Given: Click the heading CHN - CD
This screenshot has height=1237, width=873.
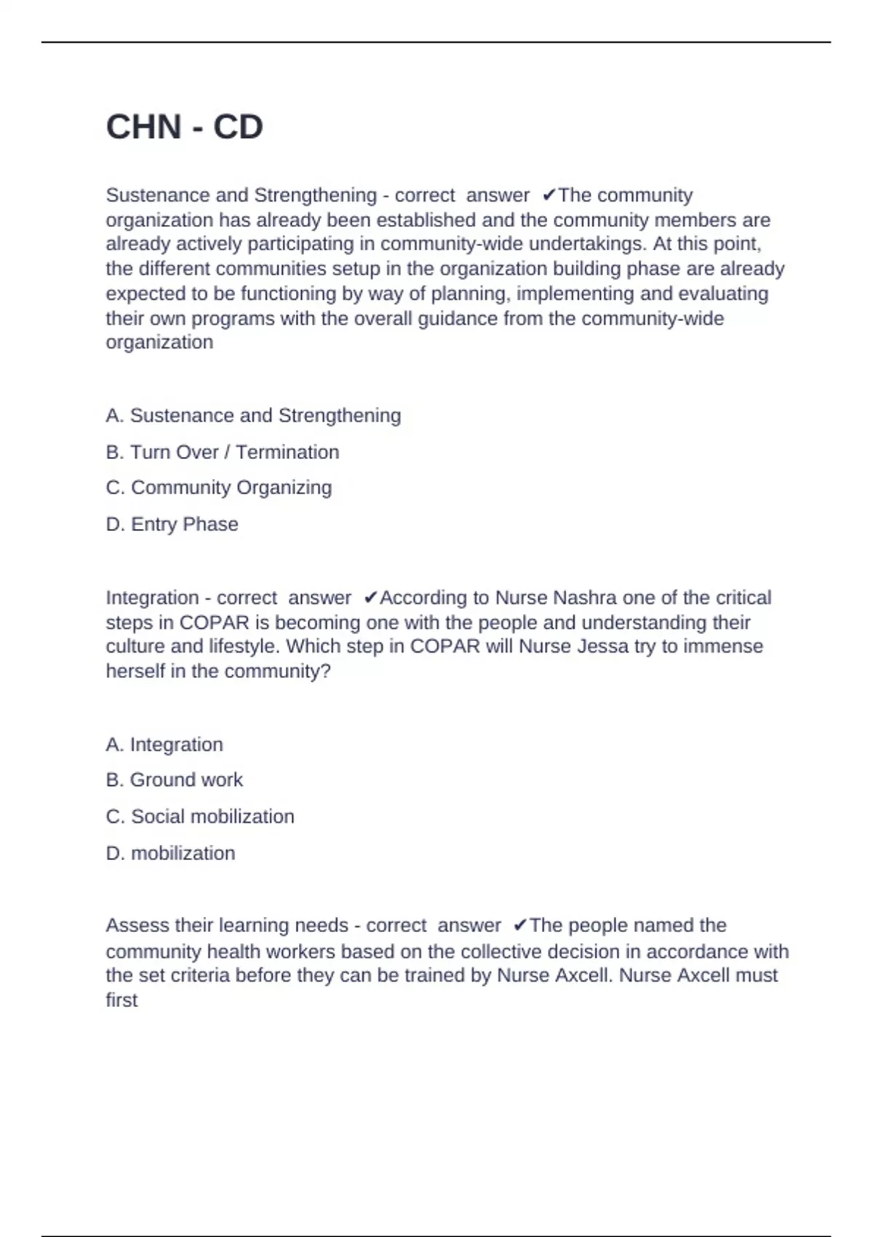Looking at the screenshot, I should click(184, 127).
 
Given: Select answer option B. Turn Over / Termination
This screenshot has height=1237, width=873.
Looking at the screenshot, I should click(222, 452).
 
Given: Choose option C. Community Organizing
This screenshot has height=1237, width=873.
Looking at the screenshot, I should click(218, 488).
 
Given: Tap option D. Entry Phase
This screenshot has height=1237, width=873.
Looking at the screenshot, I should click(172, 524).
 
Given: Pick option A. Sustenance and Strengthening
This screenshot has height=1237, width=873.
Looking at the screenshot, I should click(253, 415).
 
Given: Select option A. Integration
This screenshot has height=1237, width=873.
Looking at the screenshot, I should click(164, 744).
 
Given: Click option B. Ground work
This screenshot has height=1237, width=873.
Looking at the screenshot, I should click(174, 780).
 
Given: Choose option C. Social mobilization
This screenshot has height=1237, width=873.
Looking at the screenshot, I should click(200, 816).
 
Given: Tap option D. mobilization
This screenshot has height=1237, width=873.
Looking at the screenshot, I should click(170, 853).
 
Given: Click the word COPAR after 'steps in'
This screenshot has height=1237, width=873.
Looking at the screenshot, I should click(214, 623).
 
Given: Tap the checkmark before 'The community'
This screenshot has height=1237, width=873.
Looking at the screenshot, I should click(549, 195).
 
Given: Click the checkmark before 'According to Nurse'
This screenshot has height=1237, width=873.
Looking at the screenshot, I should click(370, 598).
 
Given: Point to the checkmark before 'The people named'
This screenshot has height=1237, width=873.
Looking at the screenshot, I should click(519, 926).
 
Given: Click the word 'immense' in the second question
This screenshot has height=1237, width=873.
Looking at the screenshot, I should click(725, 646).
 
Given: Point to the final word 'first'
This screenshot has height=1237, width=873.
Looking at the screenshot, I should click(121, 1000).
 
